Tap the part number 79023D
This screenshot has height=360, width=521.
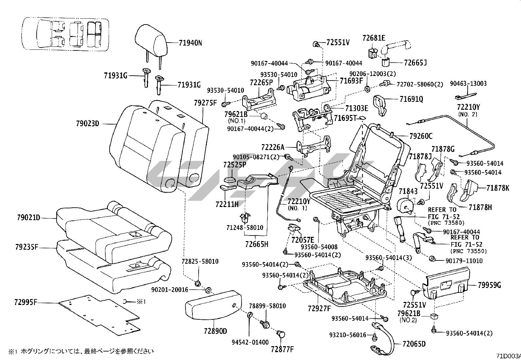click(x=87, y=124)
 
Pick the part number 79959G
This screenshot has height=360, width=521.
click(x=489, y=285)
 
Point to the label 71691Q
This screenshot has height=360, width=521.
click(x=411, y=99)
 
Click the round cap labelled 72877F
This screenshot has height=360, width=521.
click(x=281, y=334)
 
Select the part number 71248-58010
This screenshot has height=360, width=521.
click(x=245, y=227)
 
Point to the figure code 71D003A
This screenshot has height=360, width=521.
click(x=508, y=356)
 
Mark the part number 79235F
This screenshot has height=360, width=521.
click(x=27, y=246)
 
